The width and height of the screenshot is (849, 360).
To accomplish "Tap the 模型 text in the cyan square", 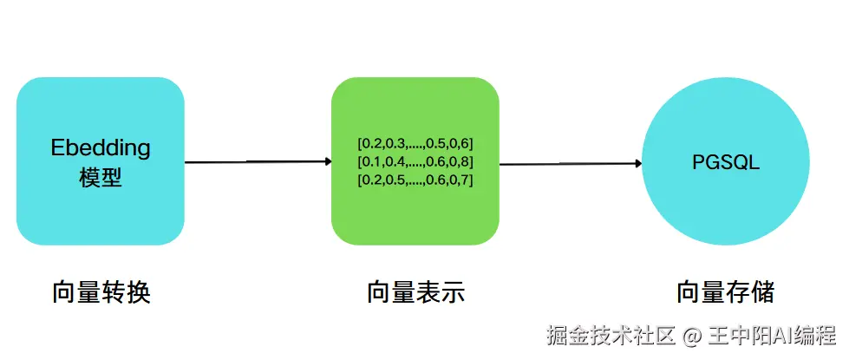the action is [x=101, y=177].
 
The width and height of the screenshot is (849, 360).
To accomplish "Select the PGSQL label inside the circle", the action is [x=726, y=162].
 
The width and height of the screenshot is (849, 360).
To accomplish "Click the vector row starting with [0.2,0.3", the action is [x=415, y=145].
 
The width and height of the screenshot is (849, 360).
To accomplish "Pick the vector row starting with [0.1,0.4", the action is [x=415, y=162].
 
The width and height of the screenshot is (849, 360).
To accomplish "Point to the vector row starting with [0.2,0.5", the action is [x=415, y=180].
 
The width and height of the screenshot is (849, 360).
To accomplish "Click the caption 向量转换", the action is [x=101, y=293].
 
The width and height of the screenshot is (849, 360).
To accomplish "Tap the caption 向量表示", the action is [x=416, y=293].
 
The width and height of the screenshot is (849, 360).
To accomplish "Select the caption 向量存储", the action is [x=726, y=293].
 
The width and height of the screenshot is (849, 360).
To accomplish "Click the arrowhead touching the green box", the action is [x=328, y=161].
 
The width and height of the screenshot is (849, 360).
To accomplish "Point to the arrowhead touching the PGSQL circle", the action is [x=638, y=163].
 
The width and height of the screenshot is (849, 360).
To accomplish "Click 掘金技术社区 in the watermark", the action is [x=611, y=337].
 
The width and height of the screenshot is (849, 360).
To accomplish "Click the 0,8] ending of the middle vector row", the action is [x=462, y=162].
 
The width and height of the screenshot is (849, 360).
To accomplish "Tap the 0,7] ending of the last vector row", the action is [x=462, y=180].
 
